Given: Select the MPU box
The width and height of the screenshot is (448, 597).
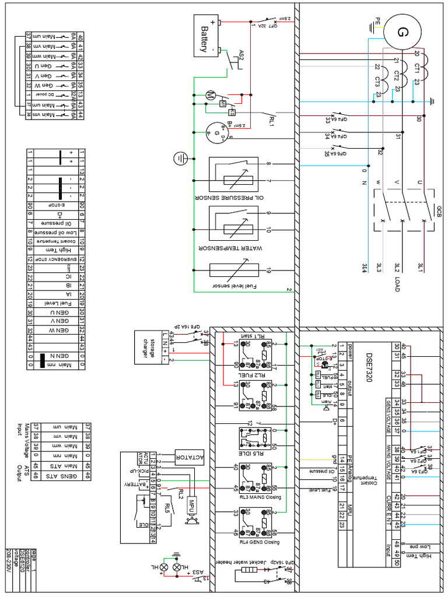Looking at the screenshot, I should [191, 503].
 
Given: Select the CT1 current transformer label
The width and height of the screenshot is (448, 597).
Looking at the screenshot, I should [416, 69].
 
